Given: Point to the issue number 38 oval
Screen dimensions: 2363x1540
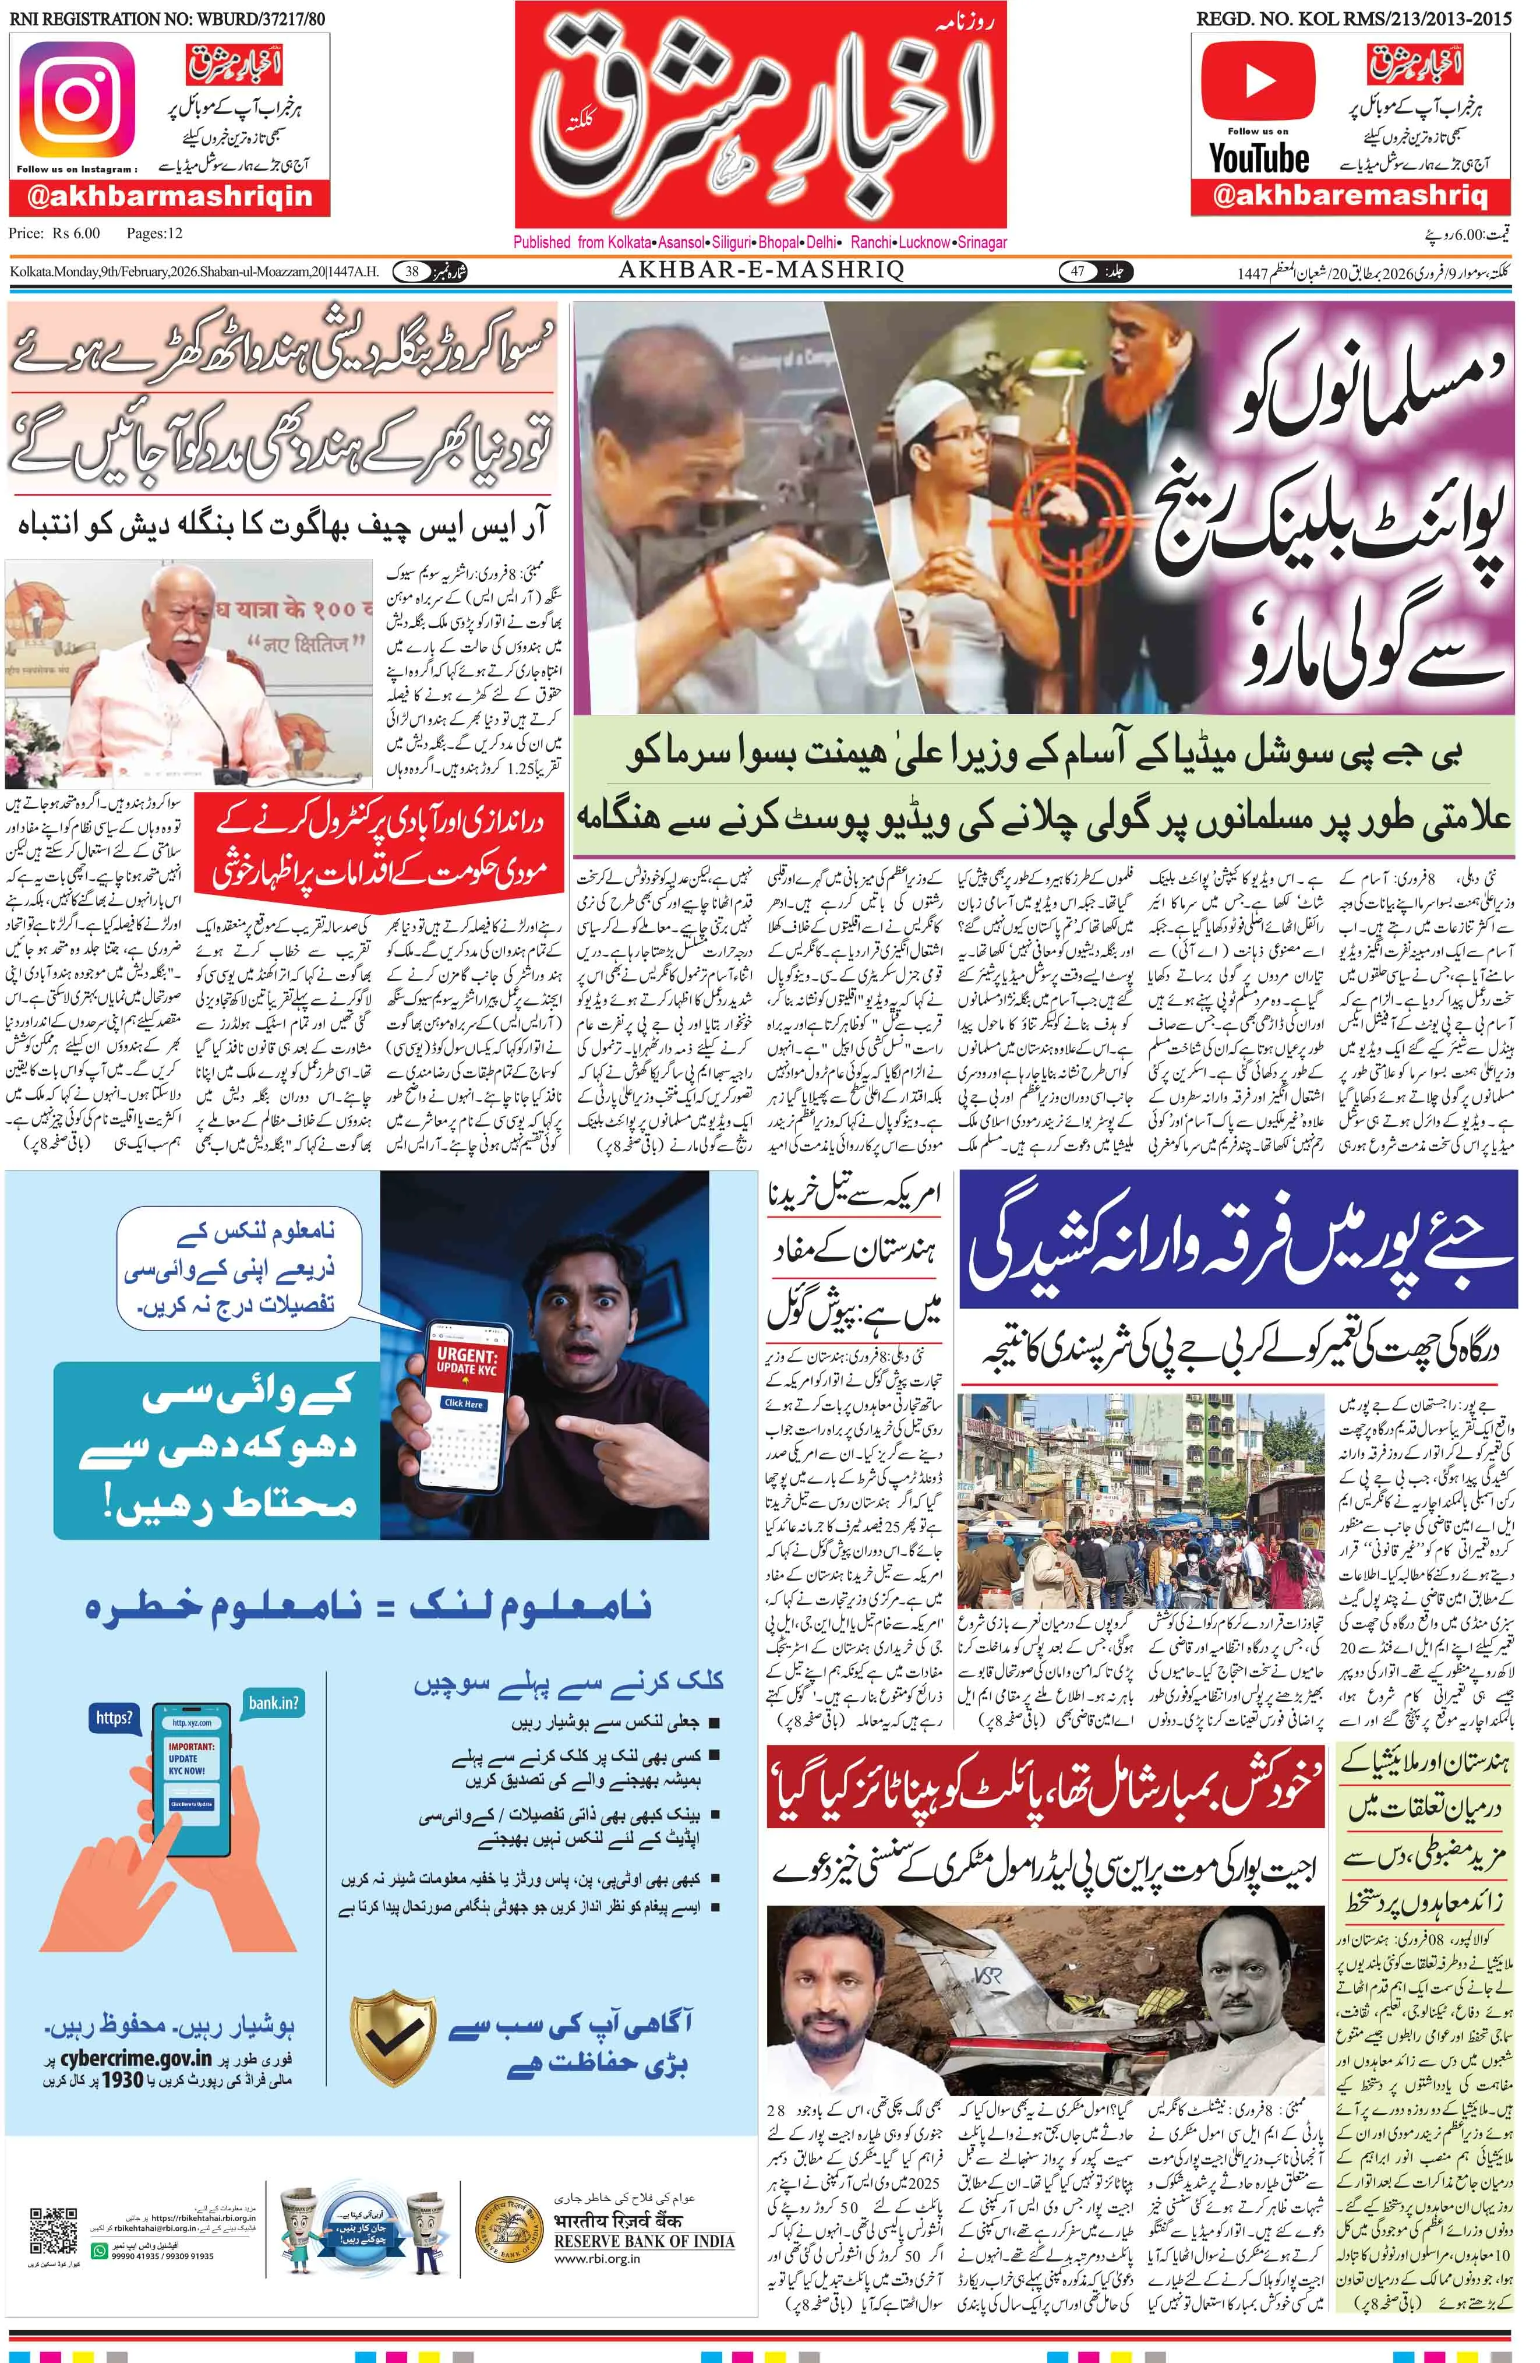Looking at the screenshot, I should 412,271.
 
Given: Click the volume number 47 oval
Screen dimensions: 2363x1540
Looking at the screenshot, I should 1078,271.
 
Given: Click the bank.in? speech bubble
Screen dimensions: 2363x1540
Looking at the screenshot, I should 274,1704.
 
